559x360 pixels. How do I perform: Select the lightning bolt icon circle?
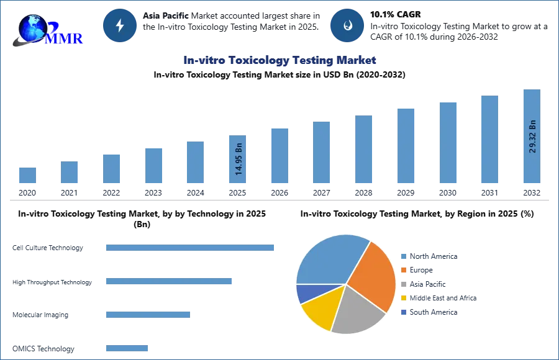coord(120,25)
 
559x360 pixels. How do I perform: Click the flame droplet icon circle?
coord(348,25)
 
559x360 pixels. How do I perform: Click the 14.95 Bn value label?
coord(238,159)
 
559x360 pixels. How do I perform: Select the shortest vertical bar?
coord(27,174)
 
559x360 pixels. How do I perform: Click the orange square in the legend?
coord(403,270)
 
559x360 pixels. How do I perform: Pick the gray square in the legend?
coord(403,284)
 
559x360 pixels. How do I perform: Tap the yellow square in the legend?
coord(403,298)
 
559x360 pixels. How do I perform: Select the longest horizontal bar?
coord(191,248)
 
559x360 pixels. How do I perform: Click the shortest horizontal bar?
coord(126,348)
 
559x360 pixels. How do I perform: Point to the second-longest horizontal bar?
coord(168,282)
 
